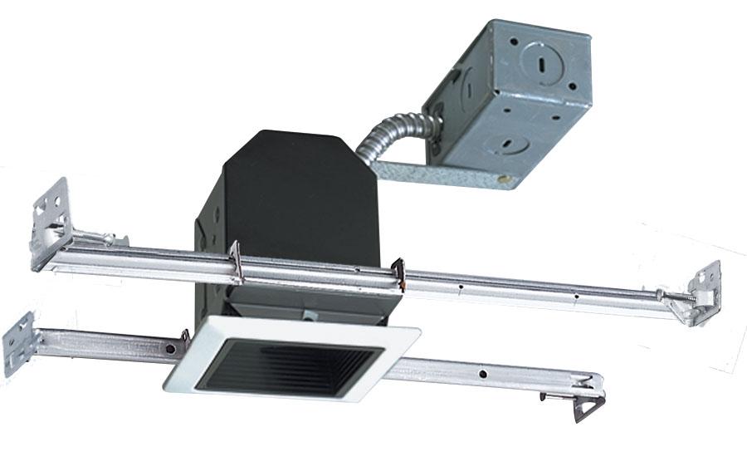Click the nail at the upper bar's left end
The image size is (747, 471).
click(108, 240)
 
